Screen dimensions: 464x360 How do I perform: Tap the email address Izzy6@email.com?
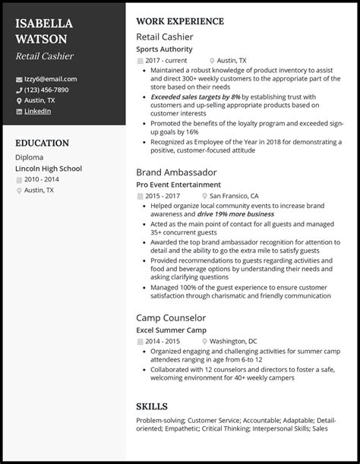51,78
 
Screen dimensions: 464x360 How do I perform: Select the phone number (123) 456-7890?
47,89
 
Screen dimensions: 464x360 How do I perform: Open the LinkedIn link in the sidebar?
38,110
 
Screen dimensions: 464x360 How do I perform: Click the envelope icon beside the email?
19,79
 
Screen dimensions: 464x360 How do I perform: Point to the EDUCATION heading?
42,143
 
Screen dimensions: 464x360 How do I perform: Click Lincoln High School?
48,168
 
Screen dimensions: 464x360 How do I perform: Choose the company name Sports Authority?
164,49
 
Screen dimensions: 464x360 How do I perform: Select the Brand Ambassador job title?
175,172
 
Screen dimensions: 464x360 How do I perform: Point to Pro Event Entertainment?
179,185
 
